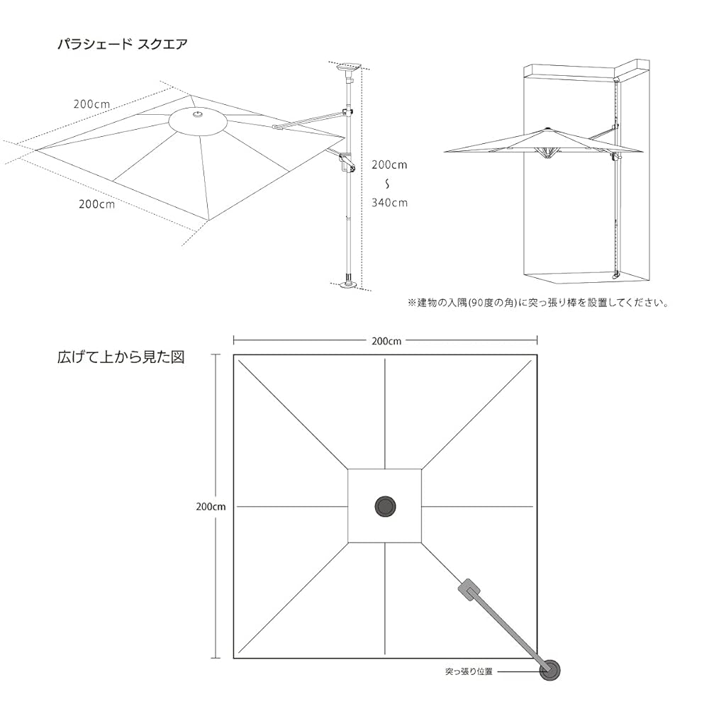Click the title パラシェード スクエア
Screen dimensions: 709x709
[121, 43]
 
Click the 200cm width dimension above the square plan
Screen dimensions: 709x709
[385, 340]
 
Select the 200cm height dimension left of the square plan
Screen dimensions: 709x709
[211, 507]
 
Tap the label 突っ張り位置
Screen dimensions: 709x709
[469, 670]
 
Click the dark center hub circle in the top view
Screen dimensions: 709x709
[385, 506]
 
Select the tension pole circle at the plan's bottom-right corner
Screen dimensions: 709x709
[549, 669]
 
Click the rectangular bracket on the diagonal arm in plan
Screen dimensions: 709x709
[469, 590]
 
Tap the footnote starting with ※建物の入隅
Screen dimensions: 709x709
[537, 303]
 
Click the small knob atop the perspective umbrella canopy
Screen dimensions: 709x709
[199, 113]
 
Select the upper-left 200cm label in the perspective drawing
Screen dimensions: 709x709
[91, 104]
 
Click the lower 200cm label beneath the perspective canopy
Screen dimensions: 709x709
[97, 204]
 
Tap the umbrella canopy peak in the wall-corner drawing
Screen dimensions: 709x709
[546, 129]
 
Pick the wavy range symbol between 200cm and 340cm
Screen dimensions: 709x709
[387, 184]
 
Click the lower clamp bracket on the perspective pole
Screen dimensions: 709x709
[346, 162]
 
